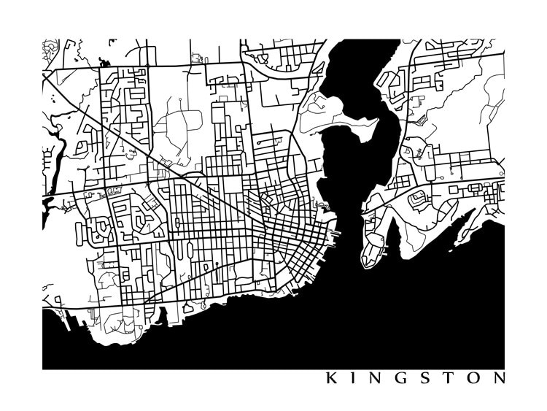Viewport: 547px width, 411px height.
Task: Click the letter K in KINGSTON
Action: tap(331, 379)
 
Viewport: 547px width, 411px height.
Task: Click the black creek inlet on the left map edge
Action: tap(48, 204)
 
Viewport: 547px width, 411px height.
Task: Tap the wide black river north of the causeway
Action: tap(350, 146)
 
